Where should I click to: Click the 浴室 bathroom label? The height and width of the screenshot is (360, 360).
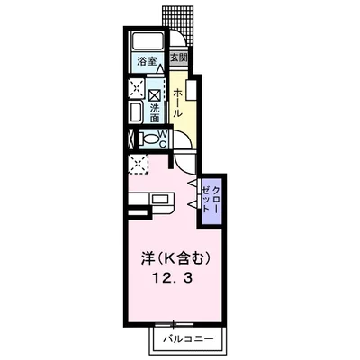(x=145, y=60)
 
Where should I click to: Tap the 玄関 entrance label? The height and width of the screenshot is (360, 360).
(x=179, y=58)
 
